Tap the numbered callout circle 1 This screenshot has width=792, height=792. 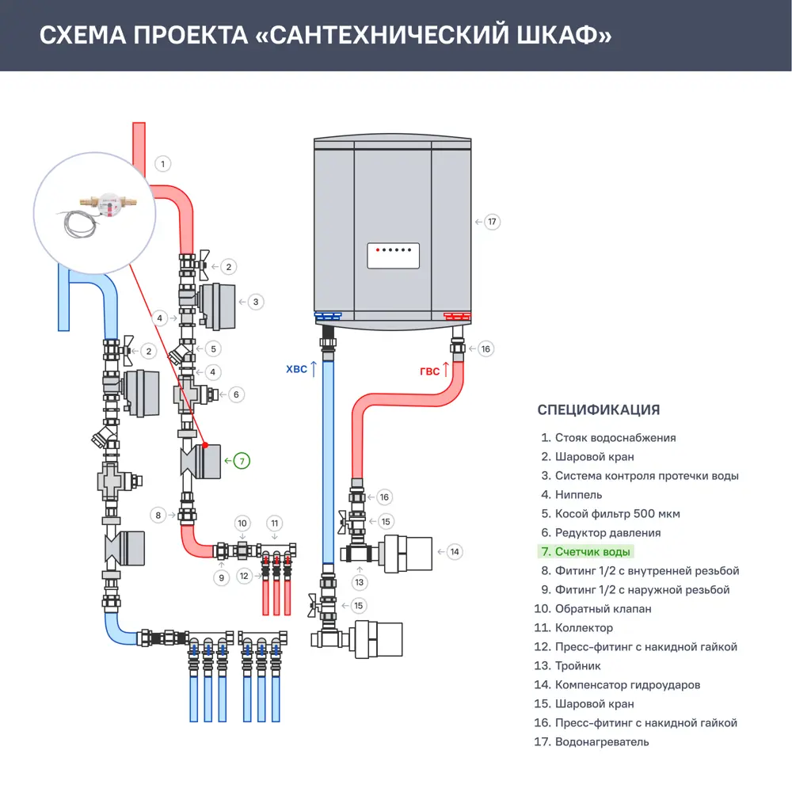point(162,164)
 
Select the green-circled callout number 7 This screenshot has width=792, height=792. point(242,459)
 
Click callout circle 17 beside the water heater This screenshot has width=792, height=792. point(492,222)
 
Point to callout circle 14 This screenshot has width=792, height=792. point(454,551)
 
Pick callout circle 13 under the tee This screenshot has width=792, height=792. point(360,582)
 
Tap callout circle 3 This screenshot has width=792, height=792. point(255,302)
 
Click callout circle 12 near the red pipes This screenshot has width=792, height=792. point(245,576)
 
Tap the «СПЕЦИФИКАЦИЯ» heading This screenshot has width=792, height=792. point(598,409)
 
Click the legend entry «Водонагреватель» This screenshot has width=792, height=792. point(601,742)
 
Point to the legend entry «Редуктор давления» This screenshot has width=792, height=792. point(607,533)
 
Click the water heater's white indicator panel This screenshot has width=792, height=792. point(393,256)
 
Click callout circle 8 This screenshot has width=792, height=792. point(159,516)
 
